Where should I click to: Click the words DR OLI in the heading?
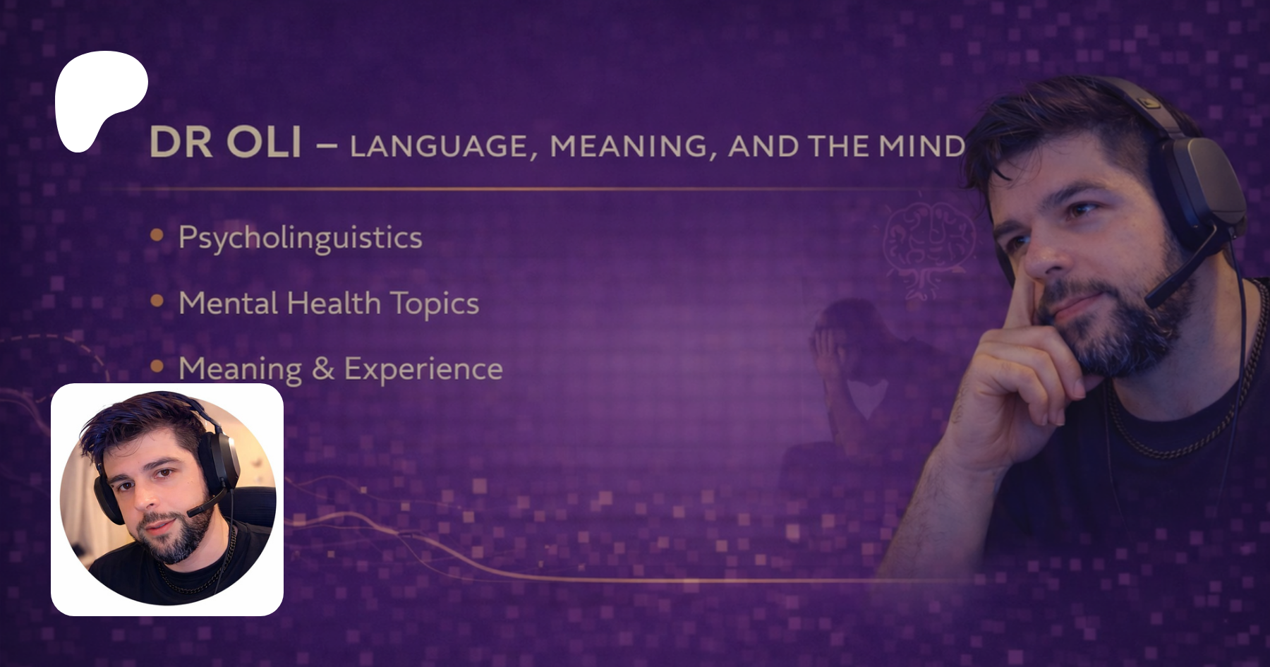coord(226,142)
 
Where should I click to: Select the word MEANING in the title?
coord(629,146)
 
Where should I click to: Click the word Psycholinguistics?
coord(301,238)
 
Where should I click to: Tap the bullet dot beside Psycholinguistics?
coord(157,235)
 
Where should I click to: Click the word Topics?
coord(435,304)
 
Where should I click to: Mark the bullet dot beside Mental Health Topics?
coord(157,301)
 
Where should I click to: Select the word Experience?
coord(423,369)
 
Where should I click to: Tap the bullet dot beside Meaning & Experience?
coord(157,366)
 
